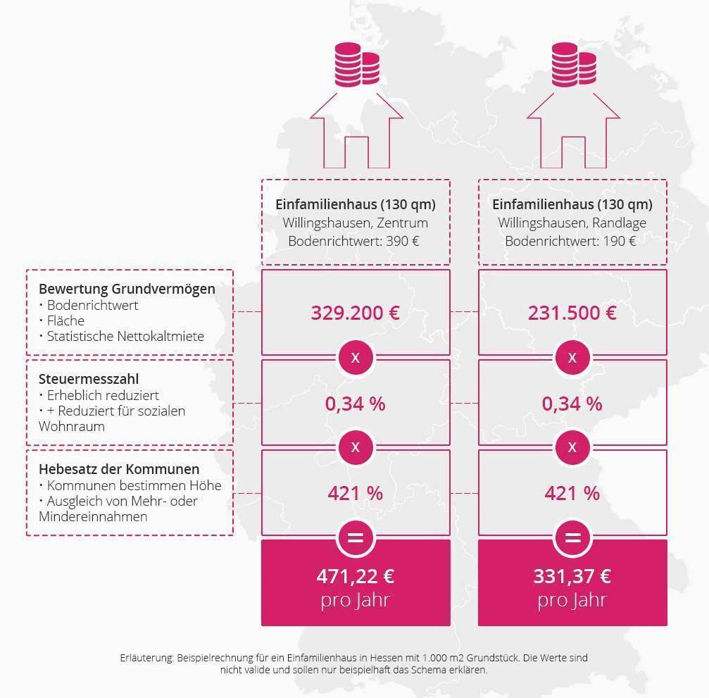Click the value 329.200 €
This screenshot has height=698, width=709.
coord(356,313)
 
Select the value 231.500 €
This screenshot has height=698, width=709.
coord(572,313)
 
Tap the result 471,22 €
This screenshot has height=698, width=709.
coord(356,576)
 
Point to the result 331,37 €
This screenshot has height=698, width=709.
coord(572,576)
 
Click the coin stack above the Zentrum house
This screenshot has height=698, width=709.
coord(357,65)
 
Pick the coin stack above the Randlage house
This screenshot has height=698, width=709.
coord(574,65)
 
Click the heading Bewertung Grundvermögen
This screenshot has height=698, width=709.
coord(127,289)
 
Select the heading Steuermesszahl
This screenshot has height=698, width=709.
coord(89,379)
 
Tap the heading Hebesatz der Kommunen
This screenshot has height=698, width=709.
coord(119,469)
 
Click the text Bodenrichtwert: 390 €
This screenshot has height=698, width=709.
coord(354,241)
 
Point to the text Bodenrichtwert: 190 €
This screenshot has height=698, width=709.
coord(570,241)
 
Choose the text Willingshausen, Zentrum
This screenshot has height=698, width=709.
coord(356,223)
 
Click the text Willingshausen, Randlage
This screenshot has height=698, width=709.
coord(572,223)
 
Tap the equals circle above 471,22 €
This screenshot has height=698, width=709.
coord(356,538)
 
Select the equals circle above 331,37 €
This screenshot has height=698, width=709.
coord(572,538)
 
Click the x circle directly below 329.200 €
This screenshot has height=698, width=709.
coord(356,357)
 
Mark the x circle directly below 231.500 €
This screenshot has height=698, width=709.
coord(572,357)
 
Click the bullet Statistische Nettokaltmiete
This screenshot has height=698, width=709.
coord(122,337)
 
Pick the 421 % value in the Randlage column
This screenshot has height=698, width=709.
coord(572,493)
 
